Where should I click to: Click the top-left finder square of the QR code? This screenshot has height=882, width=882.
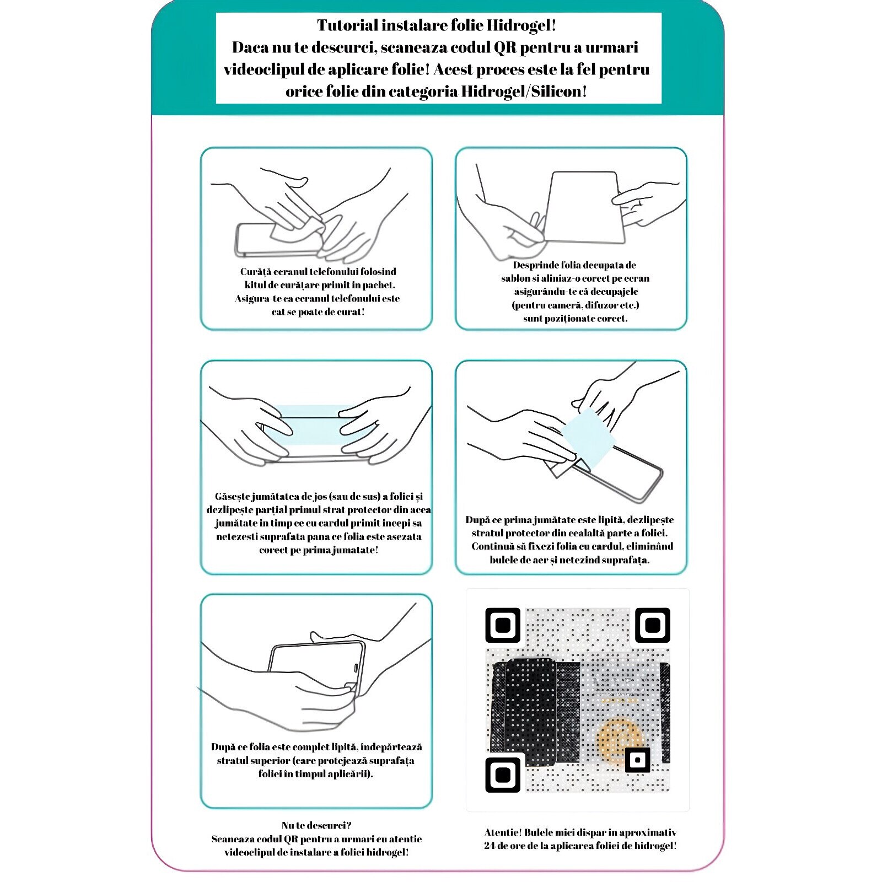pyautogui.click(x=503, y=625)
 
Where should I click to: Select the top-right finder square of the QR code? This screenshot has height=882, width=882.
pyautogui.click(x=653, y=625)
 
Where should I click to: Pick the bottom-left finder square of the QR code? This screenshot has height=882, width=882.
pyautogui.click(x=503, y=775)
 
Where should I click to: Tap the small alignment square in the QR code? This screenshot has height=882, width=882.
pyautogui.click(x=637, y=760)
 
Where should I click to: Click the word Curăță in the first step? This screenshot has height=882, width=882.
pyautogui.click(x=255, y=272)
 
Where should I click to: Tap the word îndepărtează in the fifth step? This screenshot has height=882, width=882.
pyautogui.click(x=392, y=747)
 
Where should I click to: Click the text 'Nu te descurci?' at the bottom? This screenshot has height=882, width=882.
pyautogui.click(x=316, y=826)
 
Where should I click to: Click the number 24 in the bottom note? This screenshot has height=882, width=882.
pyautogui.click(x=490, y=846)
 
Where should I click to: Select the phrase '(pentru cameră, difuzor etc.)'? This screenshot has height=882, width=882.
pyautogui.click(x=576, y=305)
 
